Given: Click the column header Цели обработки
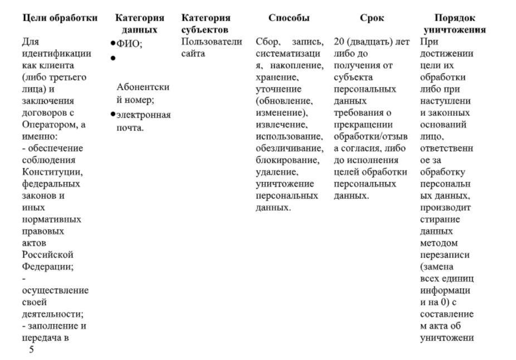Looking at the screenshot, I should pos(60,18).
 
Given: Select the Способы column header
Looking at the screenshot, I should pos(289,18).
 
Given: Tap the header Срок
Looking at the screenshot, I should pos(372,18).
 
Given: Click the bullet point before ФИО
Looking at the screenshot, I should pos(113,43).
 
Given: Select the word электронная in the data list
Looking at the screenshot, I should pos(144,115).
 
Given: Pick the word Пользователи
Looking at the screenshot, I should pos(212,42).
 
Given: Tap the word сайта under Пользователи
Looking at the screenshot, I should pos(193,53).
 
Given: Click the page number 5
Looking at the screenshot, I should pos(31,349).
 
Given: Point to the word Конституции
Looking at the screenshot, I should pos(52,172).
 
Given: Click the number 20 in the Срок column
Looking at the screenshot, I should pos(339,42).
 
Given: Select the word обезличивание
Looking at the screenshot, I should pos(289,148).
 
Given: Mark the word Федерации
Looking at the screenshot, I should pos(48,266).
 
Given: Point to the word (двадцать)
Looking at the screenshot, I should pos(368,42).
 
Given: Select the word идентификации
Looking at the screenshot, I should pos(56,53).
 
